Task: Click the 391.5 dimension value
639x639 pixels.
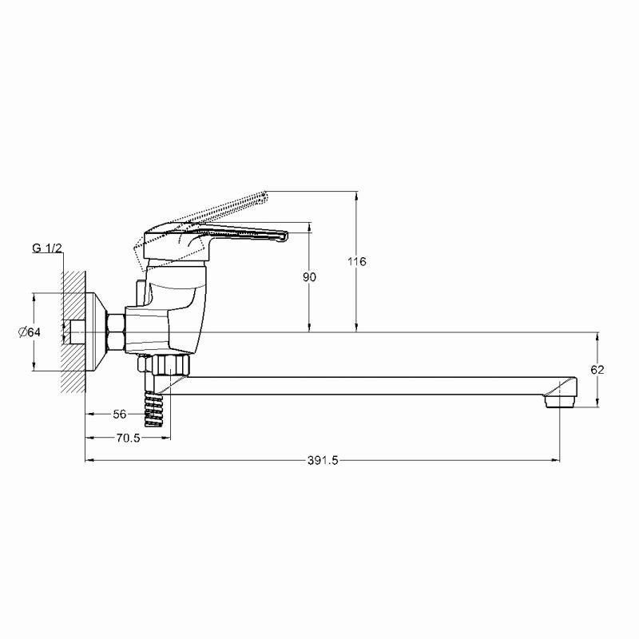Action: tap(323, 461)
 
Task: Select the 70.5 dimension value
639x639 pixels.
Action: tap(128, 438)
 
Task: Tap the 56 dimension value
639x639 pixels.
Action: tap(120, 414)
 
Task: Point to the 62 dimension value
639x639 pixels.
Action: tap(597, 370)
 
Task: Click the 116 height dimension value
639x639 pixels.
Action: tap(356, 261)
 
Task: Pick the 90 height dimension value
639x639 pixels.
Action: tap(309, 277)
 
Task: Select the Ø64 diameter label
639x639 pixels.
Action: tap(30, 332)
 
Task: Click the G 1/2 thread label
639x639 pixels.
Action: tap(47, 248)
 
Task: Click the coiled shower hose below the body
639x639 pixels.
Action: tap(153, 409)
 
